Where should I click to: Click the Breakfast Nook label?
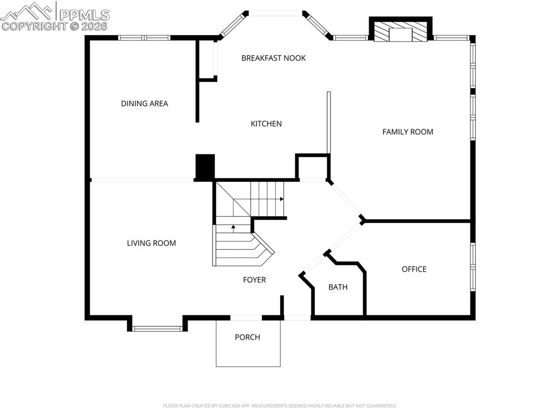click(x=273, y=58)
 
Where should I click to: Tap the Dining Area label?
click(x=144, y=103)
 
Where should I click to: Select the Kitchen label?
click(x=266, y=124)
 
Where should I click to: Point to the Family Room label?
click(x=407, y=132)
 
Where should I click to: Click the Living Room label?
click(x=151, y=243)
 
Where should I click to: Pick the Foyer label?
click(x=254, y=280)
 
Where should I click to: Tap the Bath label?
click(x=338, y=287)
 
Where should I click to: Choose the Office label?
click(x=414, y=269)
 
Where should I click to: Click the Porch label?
click(x=247, y=337)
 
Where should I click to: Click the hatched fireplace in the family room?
click(x=400, y=32)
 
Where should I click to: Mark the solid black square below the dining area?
click(x=205, y=166)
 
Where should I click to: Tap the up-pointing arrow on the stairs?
click(x=233, y=228)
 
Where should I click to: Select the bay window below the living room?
click(x=157, y=329)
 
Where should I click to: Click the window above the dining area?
click(x=144, y=38)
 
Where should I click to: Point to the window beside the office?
click(x=473, y=267)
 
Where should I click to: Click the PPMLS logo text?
click(x=84, y=15)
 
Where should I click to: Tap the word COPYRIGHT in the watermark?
click(x=34, y=26)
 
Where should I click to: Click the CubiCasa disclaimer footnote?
click(x=279, y=406)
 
